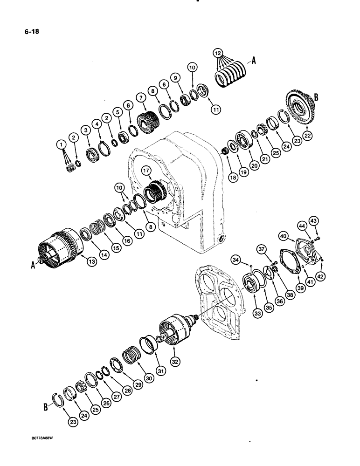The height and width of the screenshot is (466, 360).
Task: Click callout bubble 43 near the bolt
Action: (313, 220)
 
